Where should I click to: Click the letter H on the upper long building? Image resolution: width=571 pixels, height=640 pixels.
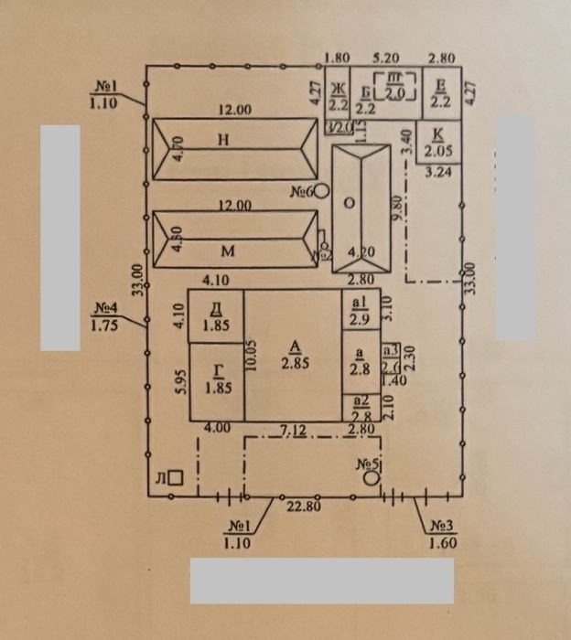(x=222, y=140)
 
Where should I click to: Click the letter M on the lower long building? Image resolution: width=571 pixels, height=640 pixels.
(x=222, y=249)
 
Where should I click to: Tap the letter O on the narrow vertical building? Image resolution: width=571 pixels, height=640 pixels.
(x=349, y=202)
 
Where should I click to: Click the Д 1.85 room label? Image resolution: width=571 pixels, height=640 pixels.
(x=217, y=315)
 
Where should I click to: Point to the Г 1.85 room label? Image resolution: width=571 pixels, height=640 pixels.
(x=218, y=379)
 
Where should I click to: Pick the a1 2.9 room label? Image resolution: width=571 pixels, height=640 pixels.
(x=359, y=310)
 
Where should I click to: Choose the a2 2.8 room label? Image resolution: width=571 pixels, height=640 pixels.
(x=359, y=408)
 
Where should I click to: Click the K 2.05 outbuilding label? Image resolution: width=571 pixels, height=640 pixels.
(x=436, y=142)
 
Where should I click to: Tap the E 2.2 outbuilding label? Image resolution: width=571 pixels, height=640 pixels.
(x=440, y=92)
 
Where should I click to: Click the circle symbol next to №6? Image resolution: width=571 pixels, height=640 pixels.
(x=321, y=192)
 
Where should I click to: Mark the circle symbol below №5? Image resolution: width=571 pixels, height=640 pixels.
(x=371, y=478)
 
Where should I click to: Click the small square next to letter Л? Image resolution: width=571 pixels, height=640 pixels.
(x=178, y=476)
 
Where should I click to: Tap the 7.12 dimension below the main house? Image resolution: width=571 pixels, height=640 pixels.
(x=293, y=428)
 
